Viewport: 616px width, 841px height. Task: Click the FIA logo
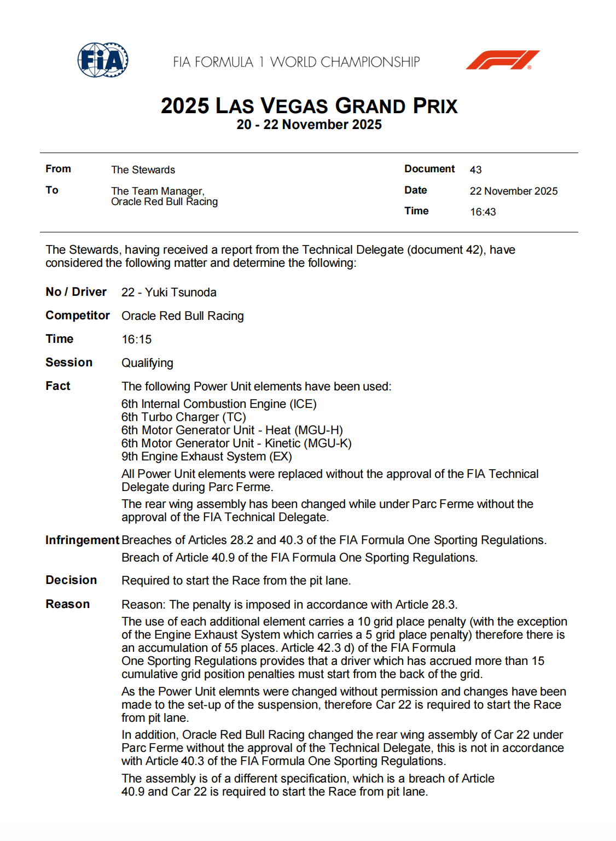pos(103,60)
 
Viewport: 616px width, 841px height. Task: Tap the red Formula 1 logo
pos(502,60)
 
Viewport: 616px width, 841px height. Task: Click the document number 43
pos(475,170)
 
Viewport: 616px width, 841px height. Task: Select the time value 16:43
pos(483,212)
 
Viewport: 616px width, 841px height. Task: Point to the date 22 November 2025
pos(513,191)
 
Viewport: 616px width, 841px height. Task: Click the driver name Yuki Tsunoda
pos(181,293)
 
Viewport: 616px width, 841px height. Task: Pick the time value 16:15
pos(136,340)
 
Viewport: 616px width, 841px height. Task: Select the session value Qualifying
pos(147,363)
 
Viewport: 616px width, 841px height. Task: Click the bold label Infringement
pos(82,540)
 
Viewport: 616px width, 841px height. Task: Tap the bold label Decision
pos(71,580)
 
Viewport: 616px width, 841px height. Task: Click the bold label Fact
pos(58,386)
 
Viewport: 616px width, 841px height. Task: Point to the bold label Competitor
pos(78,316)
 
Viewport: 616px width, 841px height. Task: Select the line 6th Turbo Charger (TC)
pos(183,417)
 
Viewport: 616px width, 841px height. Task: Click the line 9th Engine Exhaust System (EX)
pos(206,457)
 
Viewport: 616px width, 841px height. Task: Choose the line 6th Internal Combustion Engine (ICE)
pos(219,404)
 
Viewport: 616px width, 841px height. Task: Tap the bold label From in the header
pos(58,169)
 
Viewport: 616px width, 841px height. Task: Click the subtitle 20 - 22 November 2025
pos(309,125)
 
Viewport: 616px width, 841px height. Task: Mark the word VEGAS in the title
pos(294,106)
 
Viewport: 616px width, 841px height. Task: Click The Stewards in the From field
pos(143,170)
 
